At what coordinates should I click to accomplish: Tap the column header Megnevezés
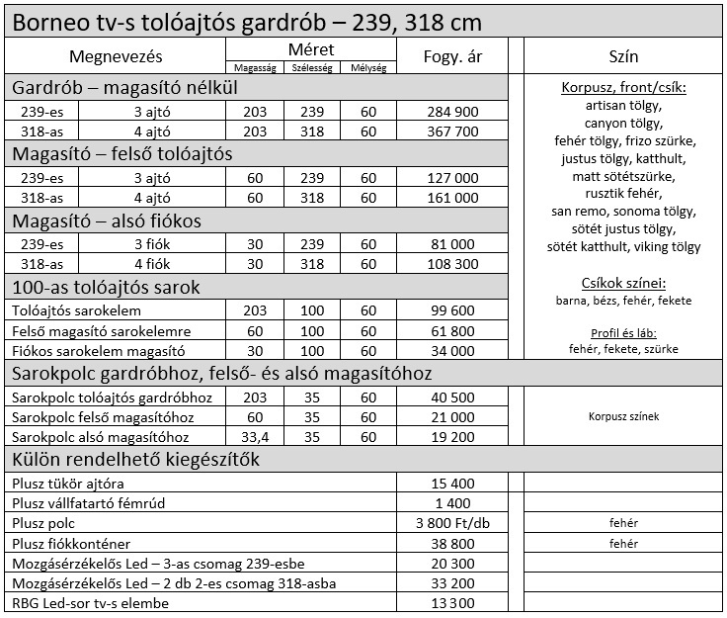(116, 56)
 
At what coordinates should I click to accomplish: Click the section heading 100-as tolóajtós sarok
(106, 288)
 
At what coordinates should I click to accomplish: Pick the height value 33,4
(255, 436)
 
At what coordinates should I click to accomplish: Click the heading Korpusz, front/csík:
(623, 87)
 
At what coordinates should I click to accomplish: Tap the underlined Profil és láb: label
(623, 332)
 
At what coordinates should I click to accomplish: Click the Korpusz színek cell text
(623, 416)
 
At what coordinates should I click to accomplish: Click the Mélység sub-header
(368, 67)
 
